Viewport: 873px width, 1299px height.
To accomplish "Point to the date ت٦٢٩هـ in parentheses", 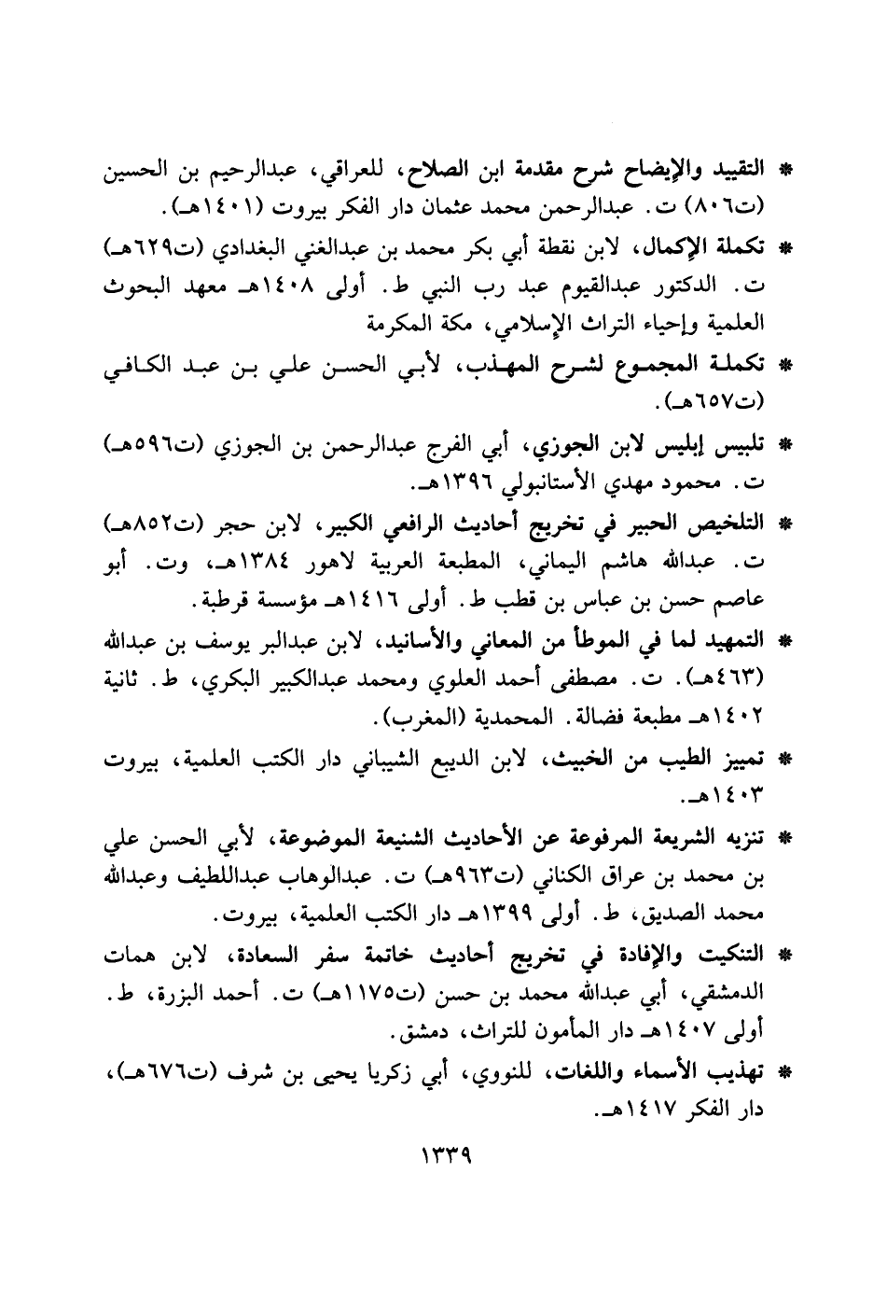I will pyautogui.click(x=141, y=250).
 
